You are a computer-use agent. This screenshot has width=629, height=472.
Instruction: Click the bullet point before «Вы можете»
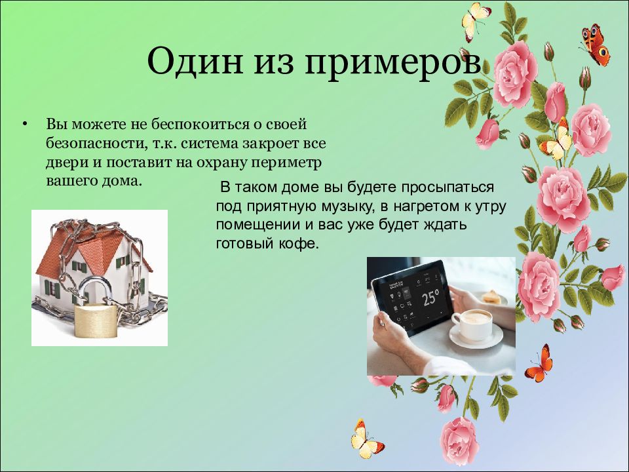[x=24, y=123]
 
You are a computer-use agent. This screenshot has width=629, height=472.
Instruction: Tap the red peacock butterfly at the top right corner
[x=596, y=45]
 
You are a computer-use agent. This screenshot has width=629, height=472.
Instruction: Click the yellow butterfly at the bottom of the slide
[x=366, y=441]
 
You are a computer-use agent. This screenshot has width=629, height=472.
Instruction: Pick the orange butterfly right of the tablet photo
[x=540, y=364]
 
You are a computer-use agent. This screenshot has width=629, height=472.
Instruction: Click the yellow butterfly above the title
[x=475, y=20]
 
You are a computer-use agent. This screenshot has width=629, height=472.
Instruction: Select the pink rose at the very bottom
[x=459, y=441]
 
